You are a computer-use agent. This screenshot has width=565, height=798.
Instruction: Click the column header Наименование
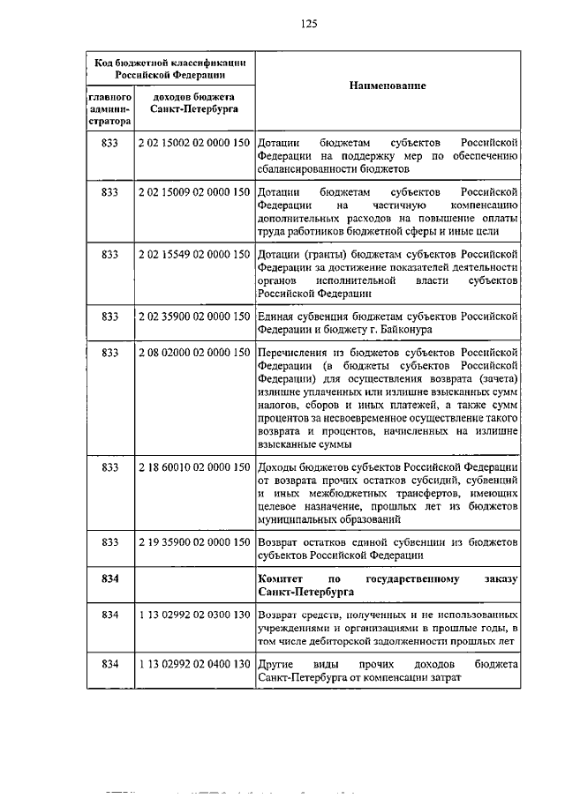388,86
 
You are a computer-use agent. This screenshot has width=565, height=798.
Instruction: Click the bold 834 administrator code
109,578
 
